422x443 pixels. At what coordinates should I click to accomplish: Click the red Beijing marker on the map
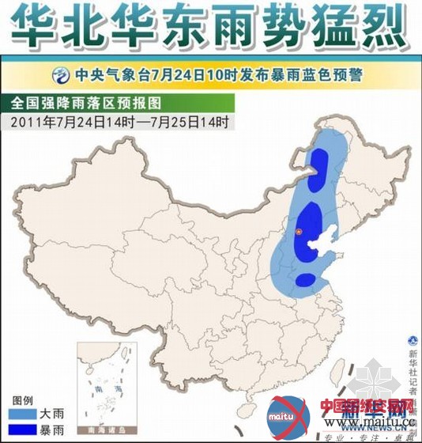299,231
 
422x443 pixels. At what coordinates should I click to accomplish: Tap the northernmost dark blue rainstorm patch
319,169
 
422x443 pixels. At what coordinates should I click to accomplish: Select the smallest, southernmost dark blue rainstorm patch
305,279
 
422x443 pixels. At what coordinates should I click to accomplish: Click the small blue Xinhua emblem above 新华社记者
412,339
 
